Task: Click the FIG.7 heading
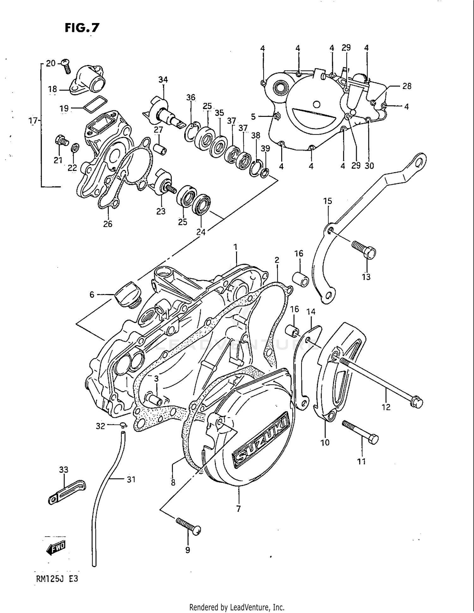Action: pyautogui.click(x=82, y=28)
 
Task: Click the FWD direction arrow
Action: pyautogui.click(x=56, y=549)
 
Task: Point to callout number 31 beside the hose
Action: pyautogui.click(x=131, y=479)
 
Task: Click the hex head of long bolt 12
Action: pyautogui.click(x=417, y=402)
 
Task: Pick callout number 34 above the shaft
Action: pyautogui.click(x=163, y=80)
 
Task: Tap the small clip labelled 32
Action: pyautogui.click(x=124, y=425)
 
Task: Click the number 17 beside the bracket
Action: pyautogui.click(x=33, y=121)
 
